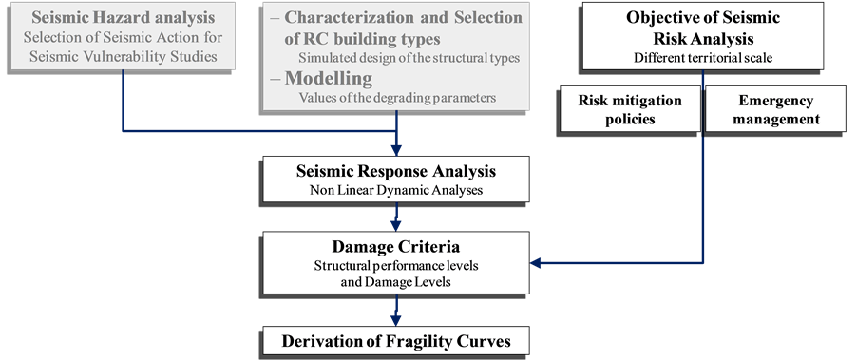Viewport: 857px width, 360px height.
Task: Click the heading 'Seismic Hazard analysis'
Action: click(x=123, y=18)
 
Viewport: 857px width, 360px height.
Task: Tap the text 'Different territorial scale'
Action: click(x=702, y=56)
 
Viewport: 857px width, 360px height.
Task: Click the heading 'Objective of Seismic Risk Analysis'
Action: click(x=702, y=28)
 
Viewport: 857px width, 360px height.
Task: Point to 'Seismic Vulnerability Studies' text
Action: click(x=123, y=56)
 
